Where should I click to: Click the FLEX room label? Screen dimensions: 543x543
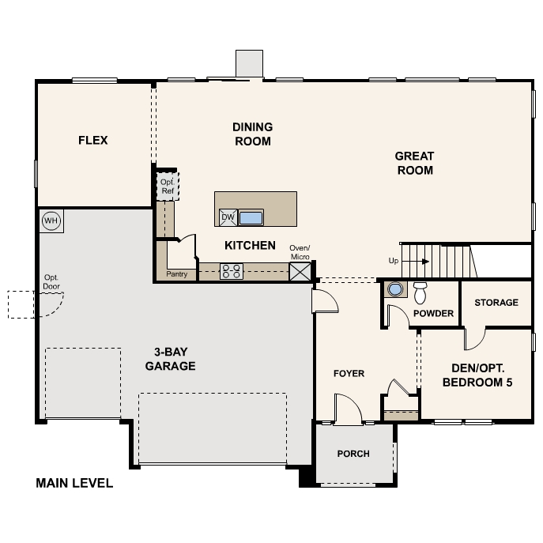pyautogui.click(x=92, y=141)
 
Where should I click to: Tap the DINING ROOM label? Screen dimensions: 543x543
pyautogui.click(x=252, y=134)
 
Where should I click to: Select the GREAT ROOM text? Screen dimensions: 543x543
pyautogui.click(x=415, y=163)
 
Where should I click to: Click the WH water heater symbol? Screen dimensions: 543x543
pyautogui.click(x=51, y=220)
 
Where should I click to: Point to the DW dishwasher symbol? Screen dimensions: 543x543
pyautogui.click(x=228, y=217)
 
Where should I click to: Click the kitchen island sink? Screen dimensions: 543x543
pyautogui.click(x=251, y=217)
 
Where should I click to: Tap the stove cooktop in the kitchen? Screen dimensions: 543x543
pyautogui.click(x=232, y=272)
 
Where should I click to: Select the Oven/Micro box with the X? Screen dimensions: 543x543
pyautogui.click(x=300, y=272)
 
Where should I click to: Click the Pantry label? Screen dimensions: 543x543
pyautogui.click(x=176, y=274)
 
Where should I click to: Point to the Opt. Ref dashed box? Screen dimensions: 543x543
pyautogui.click(x=167, y=186)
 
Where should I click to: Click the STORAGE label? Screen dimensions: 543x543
pyautogui.click(x=496, y=303)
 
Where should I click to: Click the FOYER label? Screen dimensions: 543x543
pyautogui.click(x=349, y=373)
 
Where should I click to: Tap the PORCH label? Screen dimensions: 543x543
pyautogui.click(x=353, y=454)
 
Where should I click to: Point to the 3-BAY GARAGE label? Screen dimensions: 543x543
pyautogui.click(x=170, y=360)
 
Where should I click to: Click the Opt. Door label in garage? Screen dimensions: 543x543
pyautogui.click(x=51, y=281)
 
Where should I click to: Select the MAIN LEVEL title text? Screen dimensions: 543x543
pyautogui.click(x=74, y=483)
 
